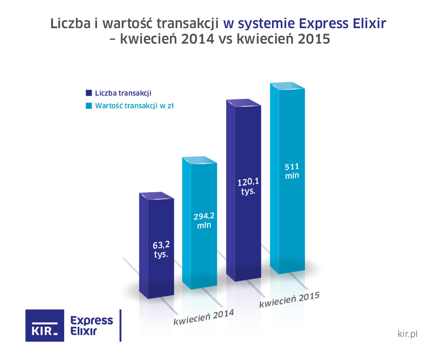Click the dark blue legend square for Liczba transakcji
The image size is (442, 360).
coord(88,93)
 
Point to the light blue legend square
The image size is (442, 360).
coord(88,105)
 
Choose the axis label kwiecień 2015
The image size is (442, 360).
coord(289,300)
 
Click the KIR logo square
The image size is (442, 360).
coord(44,325)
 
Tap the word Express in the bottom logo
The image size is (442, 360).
coord(91,321)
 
